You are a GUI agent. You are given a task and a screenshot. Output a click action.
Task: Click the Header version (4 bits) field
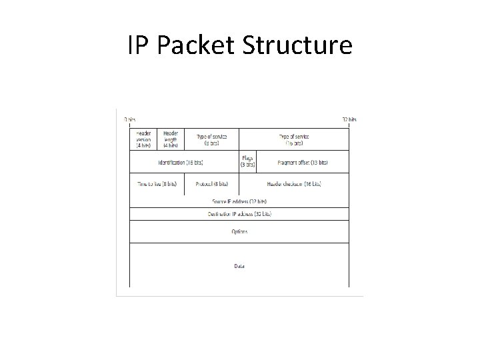143,139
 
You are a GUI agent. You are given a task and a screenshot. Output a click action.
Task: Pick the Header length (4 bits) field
170,139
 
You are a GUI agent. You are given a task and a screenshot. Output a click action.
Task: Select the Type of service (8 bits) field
211,139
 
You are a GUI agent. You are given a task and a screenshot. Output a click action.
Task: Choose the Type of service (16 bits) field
293,139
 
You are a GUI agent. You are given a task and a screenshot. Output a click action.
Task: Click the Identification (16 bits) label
181,162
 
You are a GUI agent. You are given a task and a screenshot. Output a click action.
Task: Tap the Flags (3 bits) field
247,161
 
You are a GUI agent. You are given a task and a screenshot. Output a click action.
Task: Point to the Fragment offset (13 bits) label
303,162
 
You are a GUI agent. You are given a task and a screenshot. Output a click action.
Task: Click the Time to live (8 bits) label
157,183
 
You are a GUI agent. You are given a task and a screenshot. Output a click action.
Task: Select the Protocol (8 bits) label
211,183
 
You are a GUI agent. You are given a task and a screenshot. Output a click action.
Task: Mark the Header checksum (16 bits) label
294,183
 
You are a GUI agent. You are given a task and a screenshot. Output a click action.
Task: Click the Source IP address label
239,201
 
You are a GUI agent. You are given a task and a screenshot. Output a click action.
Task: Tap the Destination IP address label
239,214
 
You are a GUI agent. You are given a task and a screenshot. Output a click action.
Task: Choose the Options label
239,231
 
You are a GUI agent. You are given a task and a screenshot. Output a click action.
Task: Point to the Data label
239,266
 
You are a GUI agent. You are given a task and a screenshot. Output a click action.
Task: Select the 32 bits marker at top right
349,120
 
